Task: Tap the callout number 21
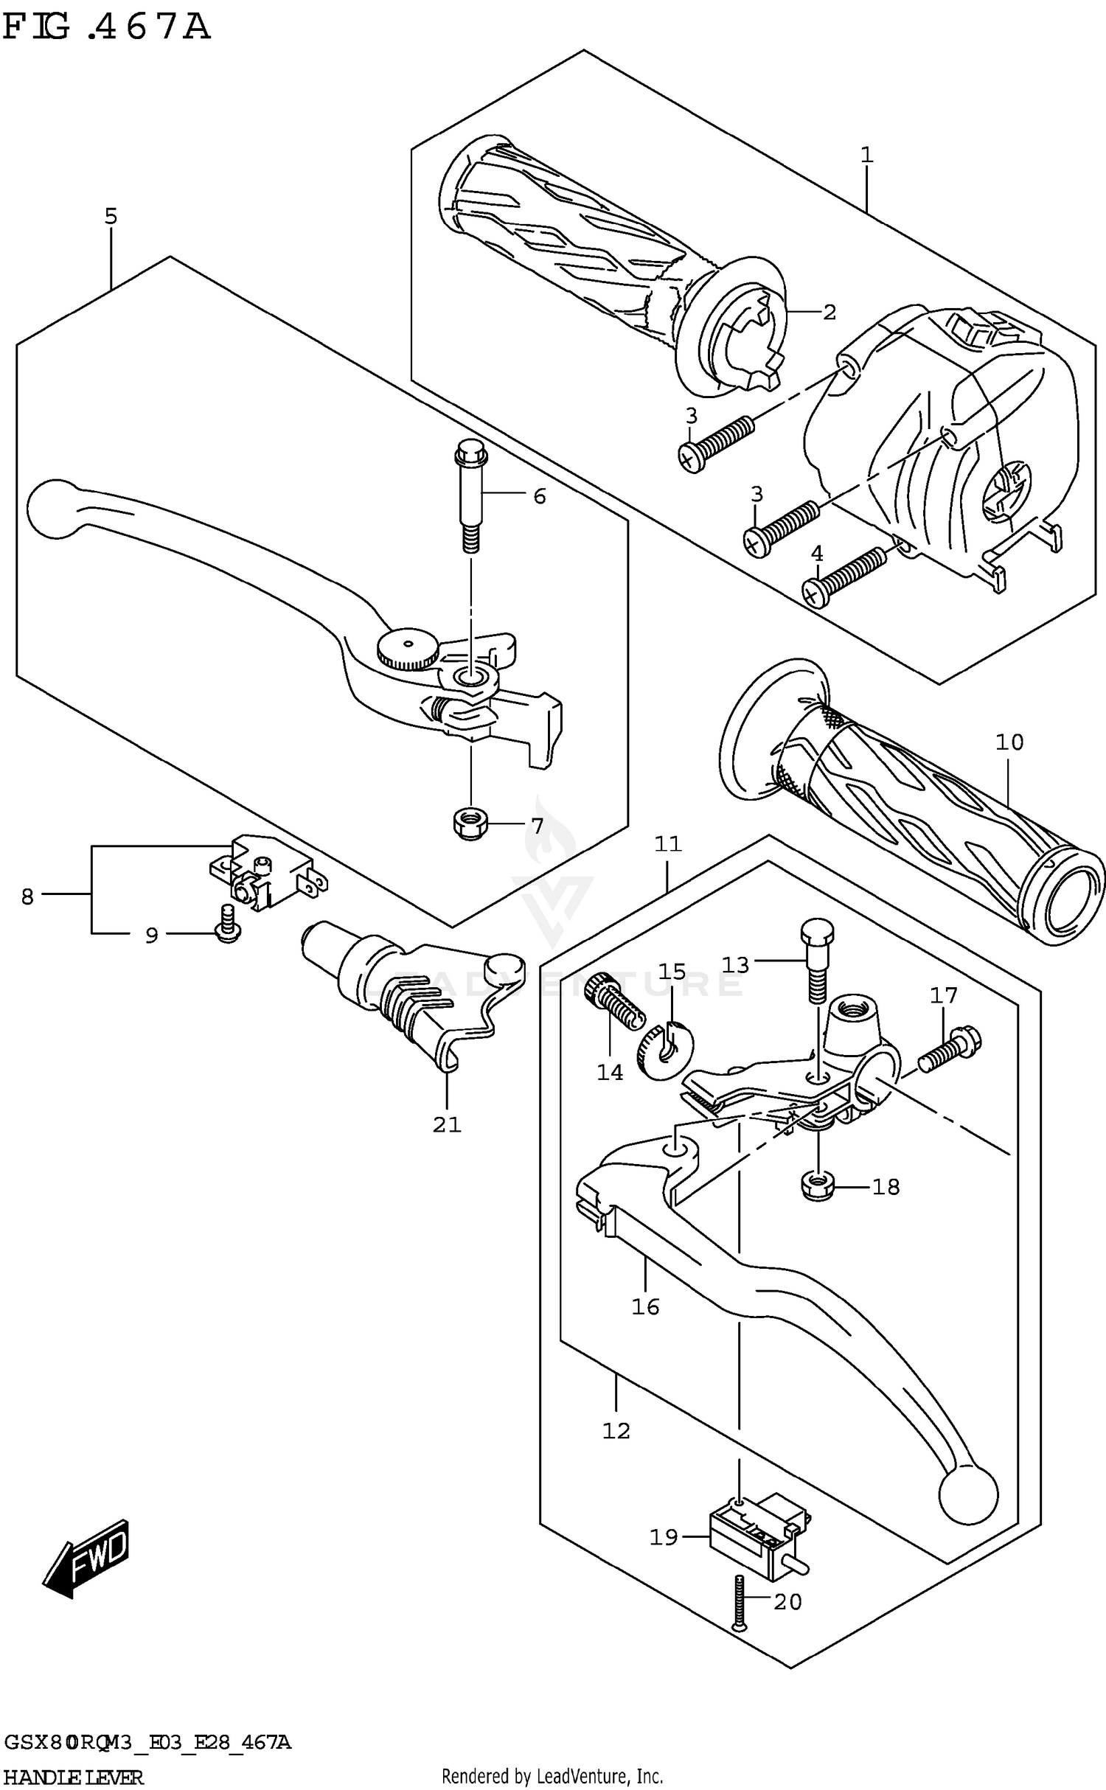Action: pyautogui.click(x=447, y=1124)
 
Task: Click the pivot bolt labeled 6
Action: pyautogui.click(x=470, y=496)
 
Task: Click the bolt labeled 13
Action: pyautogui.click(x=818, y=958)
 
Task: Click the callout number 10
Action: pyautogui.click(x=1009, y=742)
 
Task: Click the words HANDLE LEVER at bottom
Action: pyautogui.click(x=73, y=1776)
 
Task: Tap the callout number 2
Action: pyautogui.click(x=829, y=313)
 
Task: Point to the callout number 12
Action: pyautogui.click(x=616, y=1431)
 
